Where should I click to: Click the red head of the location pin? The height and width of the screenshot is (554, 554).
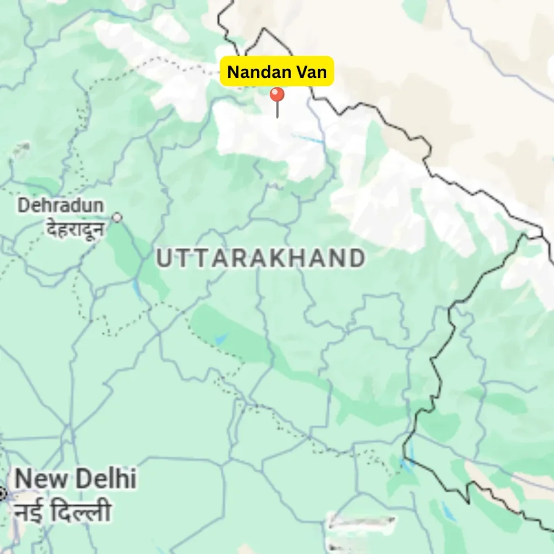pyautogui.click(x=277, y=95)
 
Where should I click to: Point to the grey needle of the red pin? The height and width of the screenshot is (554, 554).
pyautogui.click(x=277, y=110)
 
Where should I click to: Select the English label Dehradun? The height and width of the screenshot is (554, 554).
pyautogui.click(x=61, y=206)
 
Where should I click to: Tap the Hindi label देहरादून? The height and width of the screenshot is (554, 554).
pyautogui.click(x=75, y=229)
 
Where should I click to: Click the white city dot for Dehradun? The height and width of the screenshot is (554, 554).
pyautogui.click(x=117, y=217)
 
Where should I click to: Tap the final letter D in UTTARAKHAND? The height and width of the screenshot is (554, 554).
pyautogui.click(x=356, y=259)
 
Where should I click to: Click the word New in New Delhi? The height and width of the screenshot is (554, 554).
pyautogui.click(x=42, y=480)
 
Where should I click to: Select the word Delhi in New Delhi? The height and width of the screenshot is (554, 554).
pyautogui.click(x=105, y=480)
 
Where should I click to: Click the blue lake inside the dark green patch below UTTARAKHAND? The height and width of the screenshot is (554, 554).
pyautogui.click(x=220, y=339)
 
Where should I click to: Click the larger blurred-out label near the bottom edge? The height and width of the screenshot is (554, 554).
pyautogui.click(x=361, y=523)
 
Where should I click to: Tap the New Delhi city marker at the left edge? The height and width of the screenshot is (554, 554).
pyautogui.click(x=2, y=493)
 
